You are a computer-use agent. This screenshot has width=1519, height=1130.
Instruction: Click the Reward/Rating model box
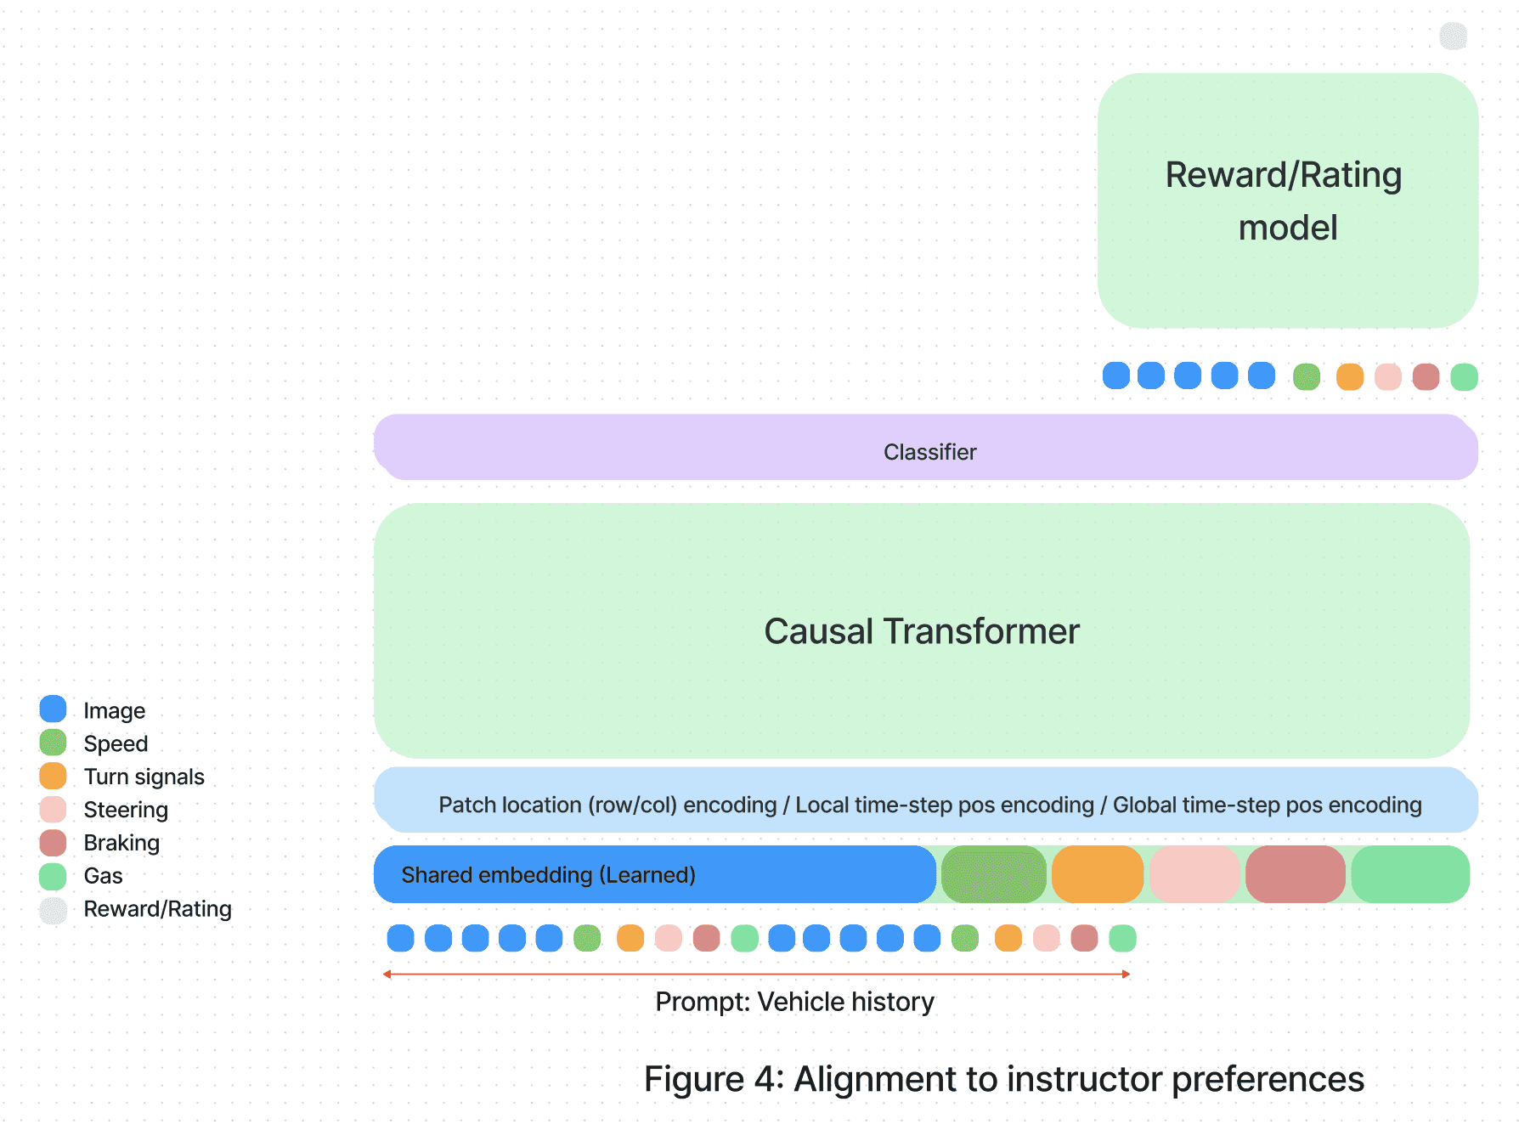pyautogui.click(x=1287, y=201)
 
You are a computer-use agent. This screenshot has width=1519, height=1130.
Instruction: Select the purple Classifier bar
pyautogui.click(x=926, y=448)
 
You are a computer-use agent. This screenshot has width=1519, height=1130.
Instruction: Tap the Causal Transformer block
pyautogui.click(x=922, y=630)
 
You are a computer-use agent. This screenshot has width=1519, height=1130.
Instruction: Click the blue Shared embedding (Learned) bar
pyautogui.click(x=654, y=874)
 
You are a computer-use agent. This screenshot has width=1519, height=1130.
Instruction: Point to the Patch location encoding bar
pyautogui.click(x=926, y=800)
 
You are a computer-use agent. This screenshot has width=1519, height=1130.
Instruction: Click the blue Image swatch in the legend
pyautogui.click(x=53, y=709)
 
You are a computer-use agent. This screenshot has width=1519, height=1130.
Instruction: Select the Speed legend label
pyautogui.click(x=116, y=743)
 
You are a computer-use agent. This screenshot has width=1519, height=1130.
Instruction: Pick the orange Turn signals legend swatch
pyautogui.click(x=53, y=776)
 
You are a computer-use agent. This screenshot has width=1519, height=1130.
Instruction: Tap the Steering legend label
pyautogui.click(x=126, y=810)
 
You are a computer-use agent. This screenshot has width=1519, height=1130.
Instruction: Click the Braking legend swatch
pyautogui.click(x=53, y=843)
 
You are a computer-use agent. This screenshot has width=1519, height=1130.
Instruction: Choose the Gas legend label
pyautogui.click(x=103, y=876)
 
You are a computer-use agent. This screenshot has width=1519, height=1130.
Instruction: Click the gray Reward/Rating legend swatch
pyautogui.click(x=53, y=910)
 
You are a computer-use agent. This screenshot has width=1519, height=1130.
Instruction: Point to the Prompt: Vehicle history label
pyautogui.click(x=794, y=1002)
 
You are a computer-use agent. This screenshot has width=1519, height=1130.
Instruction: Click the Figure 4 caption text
pyautogui.click(x=1003, y=1079)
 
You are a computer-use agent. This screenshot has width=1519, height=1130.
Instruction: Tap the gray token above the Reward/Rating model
pyautogui.click(x=1453, y=36)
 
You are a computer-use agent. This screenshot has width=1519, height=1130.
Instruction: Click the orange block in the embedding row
pyautogui.click(x=1098, y=874)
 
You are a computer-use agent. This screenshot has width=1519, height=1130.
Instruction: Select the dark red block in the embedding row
pyautogui.click(x=1296, y=874)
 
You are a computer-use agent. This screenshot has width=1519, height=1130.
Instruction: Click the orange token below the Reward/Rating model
pyautogui.click(x=1349, y=376)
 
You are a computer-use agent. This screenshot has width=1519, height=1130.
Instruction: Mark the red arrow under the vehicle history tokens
pyautogui.click(x=756, y=974)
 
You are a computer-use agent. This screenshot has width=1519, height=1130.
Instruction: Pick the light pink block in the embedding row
pyautogui.click(x=1194, y=874)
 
